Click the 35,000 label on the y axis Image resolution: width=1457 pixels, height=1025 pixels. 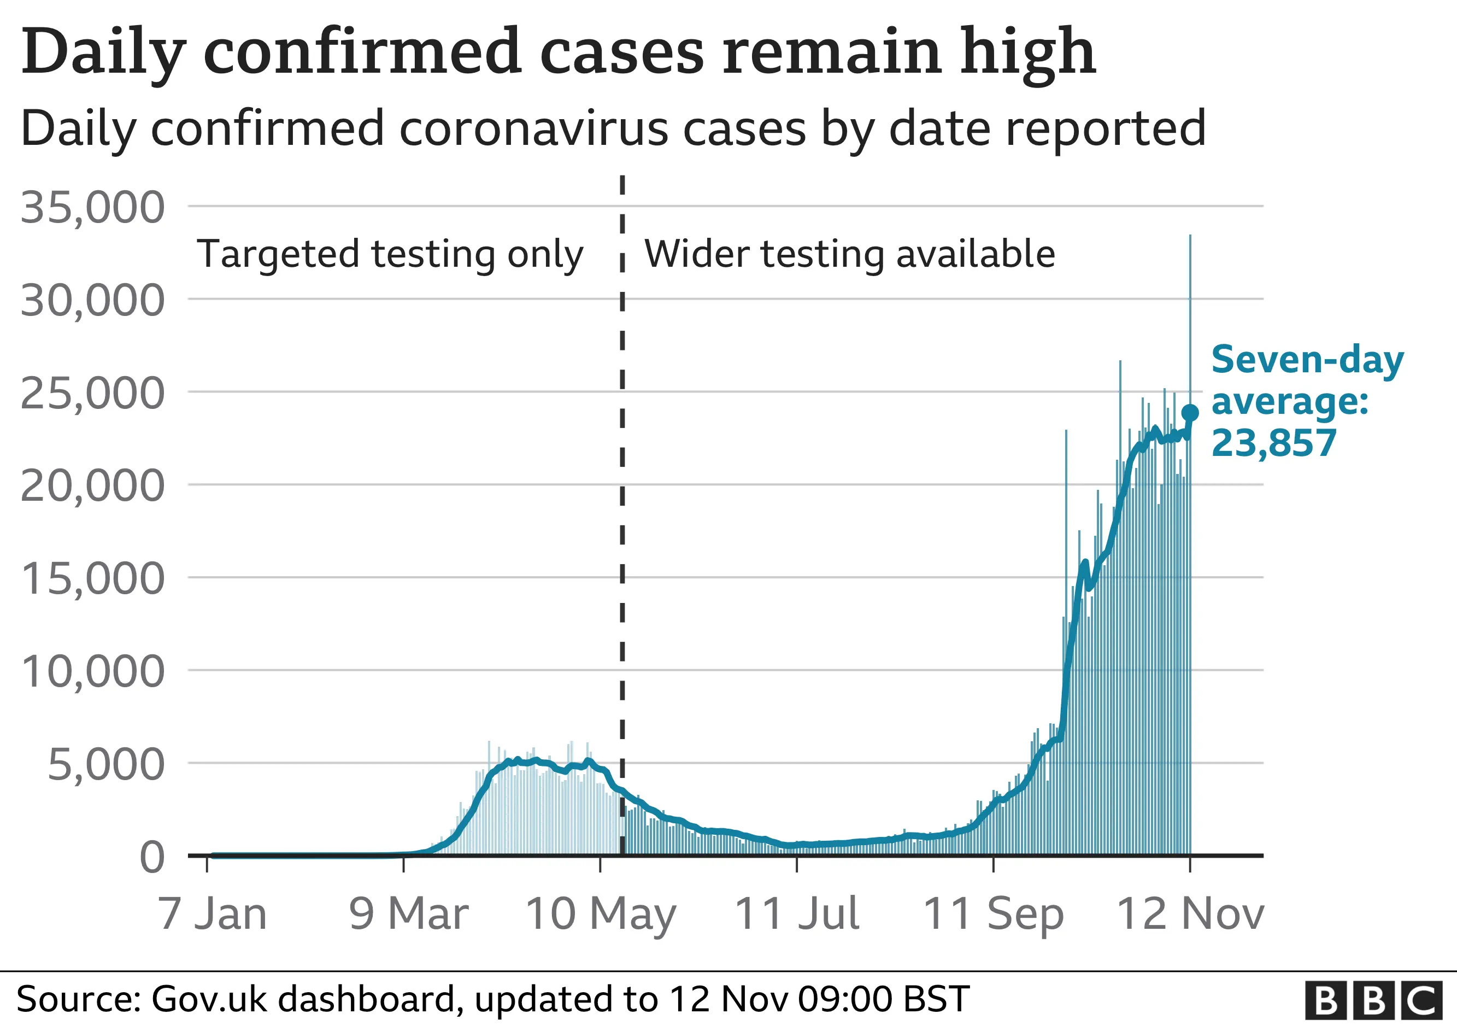click(93, 208)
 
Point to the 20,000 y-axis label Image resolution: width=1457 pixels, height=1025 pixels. click(93, 486)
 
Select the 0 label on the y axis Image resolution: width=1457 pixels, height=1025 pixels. click(152, 857)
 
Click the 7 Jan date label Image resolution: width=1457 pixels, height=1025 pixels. click(212, 914)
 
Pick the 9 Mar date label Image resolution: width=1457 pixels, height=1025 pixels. click(409, 914)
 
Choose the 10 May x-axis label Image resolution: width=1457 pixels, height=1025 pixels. click(600, 914)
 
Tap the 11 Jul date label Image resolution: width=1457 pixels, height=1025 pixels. click(796, 914)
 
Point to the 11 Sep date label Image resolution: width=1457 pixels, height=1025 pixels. click(993, 914)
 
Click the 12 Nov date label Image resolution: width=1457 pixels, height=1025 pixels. click(1190, 914)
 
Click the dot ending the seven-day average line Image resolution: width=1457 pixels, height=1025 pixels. click(1190, 413)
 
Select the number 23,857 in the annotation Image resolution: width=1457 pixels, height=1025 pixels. click(1273, 443)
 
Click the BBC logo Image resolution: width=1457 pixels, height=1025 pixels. click(1373, 1000)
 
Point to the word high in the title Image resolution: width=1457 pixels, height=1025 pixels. click(1027, 52)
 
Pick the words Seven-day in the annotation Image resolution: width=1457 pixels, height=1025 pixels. click(1307, 360)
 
